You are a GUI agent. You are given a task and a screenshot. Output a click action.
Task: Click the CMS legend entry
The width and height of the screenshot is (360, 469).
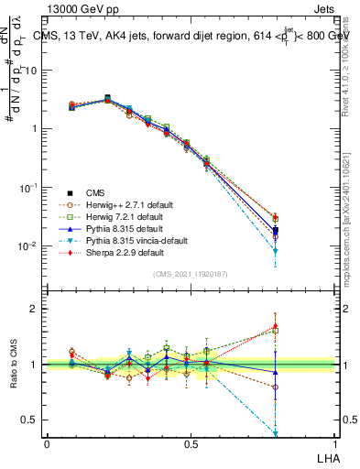[95, 192]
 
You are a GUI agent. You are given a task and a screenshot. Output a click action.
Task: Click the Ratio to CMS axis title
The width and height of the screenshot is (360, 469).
[16, 365]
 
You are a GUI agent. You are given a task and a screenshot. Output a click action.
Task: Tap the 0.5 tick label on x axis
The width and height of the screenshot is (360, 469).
[190, 443]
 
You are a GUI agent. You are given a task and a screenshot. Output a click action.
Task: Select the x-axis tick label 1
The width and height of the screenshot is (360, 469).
[333, 443]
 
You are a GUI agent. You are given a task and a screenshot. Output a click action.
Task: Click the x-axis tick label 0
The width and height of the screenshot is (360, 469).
[47, 443]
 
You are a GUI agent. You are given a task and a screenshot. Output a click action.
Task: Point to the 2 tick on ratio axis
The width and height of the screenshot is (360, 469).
[34, 309]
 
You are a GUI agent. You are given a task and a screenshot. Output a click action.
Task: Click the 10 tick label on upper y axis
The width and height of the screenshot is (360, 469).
[33, 69]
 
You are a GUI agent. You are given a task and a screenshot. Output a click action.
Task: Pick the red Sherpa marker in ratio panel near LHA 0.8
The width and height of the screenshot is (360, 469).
[275, 325]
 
